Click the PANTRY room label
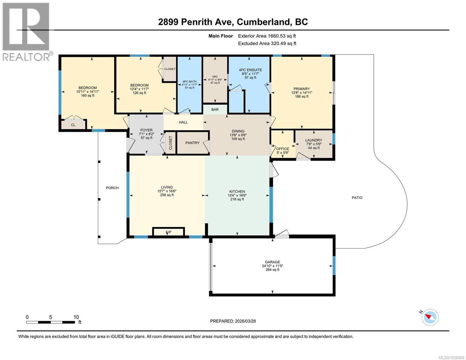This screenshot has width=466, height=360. [x=192, y=143]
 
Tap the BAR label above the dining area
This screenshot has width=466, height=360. [x=215, y=109]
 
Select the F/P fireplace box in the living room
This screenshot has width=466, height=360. [x=168, y=232]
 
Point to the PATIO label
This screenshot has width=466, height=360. [x=357, y=198]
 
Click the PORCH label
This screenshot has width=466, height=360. [x=112, y=188]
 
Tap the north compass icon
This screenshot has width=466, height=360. [x=430, y=317]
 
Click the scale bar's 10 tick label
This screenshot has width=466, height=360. [x=76, y=317]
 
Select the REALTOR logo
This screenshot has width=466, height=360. [x=26, y=31]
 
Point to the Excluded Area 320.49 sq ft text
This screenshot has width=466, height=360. [x=267, y=43]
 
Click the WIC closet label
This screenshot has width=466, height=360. [x=215, y=76]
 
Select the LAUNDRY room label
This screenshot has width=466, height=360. [x=314, y=140]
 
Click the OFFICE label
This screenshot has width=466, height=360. [x=283, y=149]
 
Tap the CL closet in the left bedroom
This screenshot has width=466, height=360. [x=73, y=125]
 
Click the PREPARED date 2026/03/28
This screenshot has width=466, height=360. [x=233, y=321]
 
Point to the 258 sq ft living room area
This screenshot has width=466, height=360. [x=167, y=195]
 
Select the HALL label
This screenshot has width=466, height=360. [x=183, y=122]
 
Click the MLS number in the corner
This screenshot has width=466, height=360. [x=452, y=357]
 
